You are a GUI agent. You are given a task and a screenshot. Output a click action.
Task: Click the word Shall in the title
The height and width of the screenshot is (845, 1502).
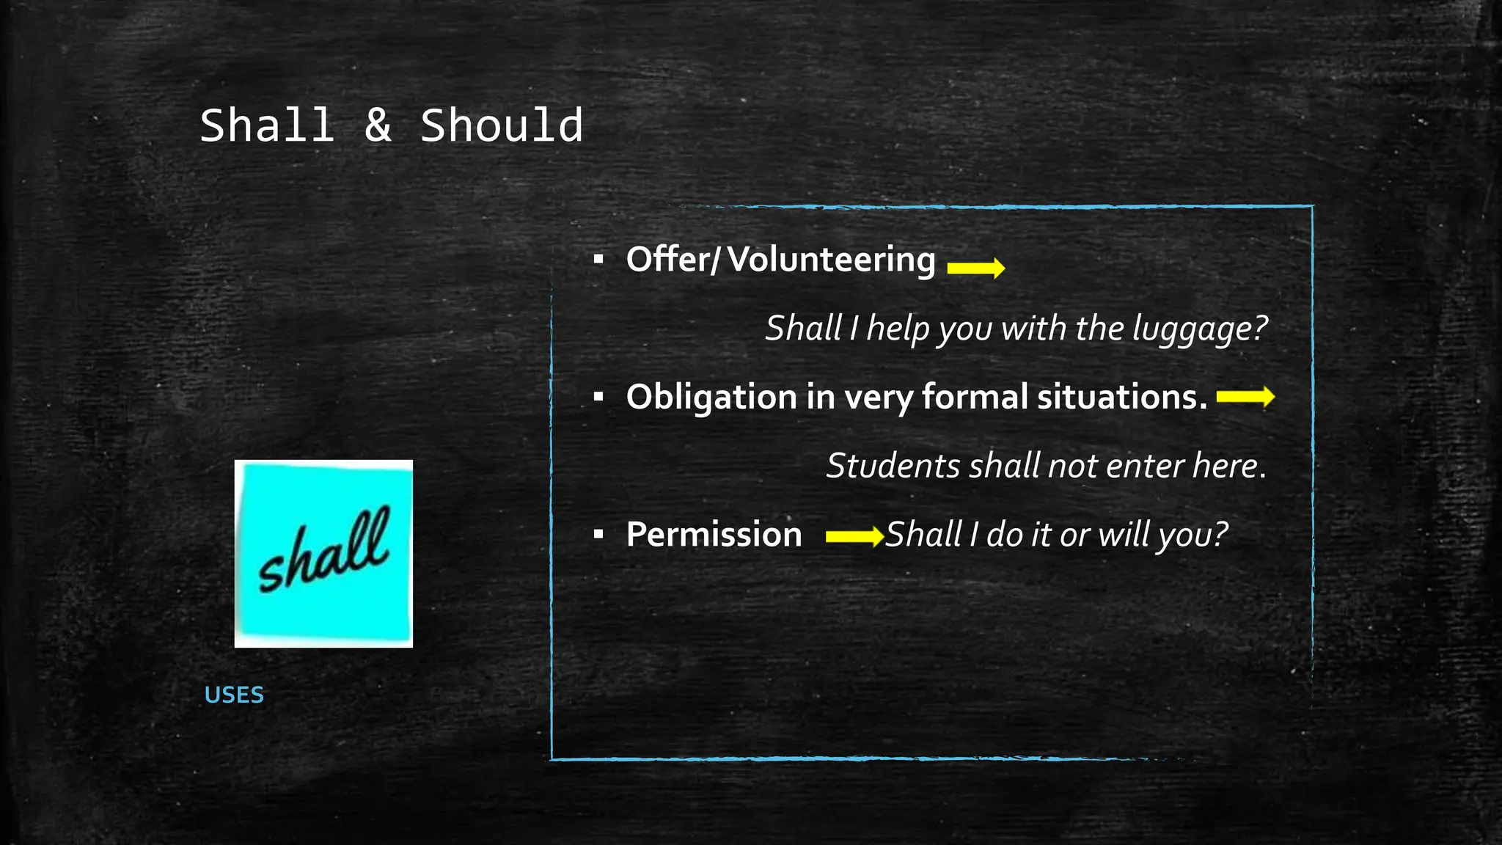(267, 125)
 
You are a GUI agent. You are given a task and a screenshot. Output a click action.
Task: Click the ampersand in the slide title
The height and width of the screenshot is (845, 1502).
(378, 125)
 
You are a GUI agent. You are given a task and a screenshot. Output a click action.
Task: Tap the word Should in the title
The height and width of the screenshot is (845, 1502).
(502, 125)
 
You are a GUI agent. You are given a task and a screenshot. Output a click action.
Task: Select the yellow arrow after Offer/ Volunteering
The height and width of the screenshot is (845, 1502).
(975, 268)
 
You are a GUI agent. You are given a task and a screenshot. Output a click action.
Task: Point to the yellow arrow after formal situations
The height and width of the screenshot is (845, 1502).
(1245, 397)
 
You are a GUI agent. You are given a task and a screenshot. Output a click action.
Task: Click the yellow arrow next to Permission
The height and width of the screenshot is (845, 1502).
(854, 536)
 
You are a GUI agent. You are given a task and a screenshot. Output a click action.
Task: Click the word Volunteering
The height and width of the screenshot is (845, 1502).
(832, 260)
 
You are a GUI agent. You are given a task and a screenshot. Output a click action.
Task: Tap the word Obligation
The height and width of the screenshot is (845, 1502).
(711, 398)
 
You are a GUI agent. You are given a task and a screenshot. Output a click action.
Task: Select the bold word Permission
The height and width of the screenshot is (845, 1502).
(714, 535)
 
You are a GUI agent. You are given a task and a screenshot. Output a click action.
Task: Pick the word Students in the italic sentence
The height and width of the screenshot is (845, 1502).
(893, 466)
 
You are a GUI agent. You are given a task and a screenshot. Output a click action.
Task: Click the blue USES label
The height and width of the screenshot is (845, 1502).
(234, 695)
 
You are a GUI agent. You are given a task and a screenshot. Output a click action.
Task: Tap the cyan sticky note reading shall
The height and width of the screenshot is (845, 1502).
(323, 553)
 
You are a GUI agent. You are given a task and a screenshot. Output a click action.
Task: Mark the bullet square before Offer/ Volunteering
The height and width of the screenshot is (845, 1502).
(598, 259)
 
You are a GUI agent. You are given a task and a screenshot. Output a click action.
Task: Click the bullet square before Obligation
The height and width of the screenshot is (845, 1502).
(598, 397)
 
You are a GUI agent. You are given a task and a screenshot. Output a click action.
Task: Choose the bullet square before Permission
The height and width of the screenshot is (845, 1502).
(598, 535)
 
